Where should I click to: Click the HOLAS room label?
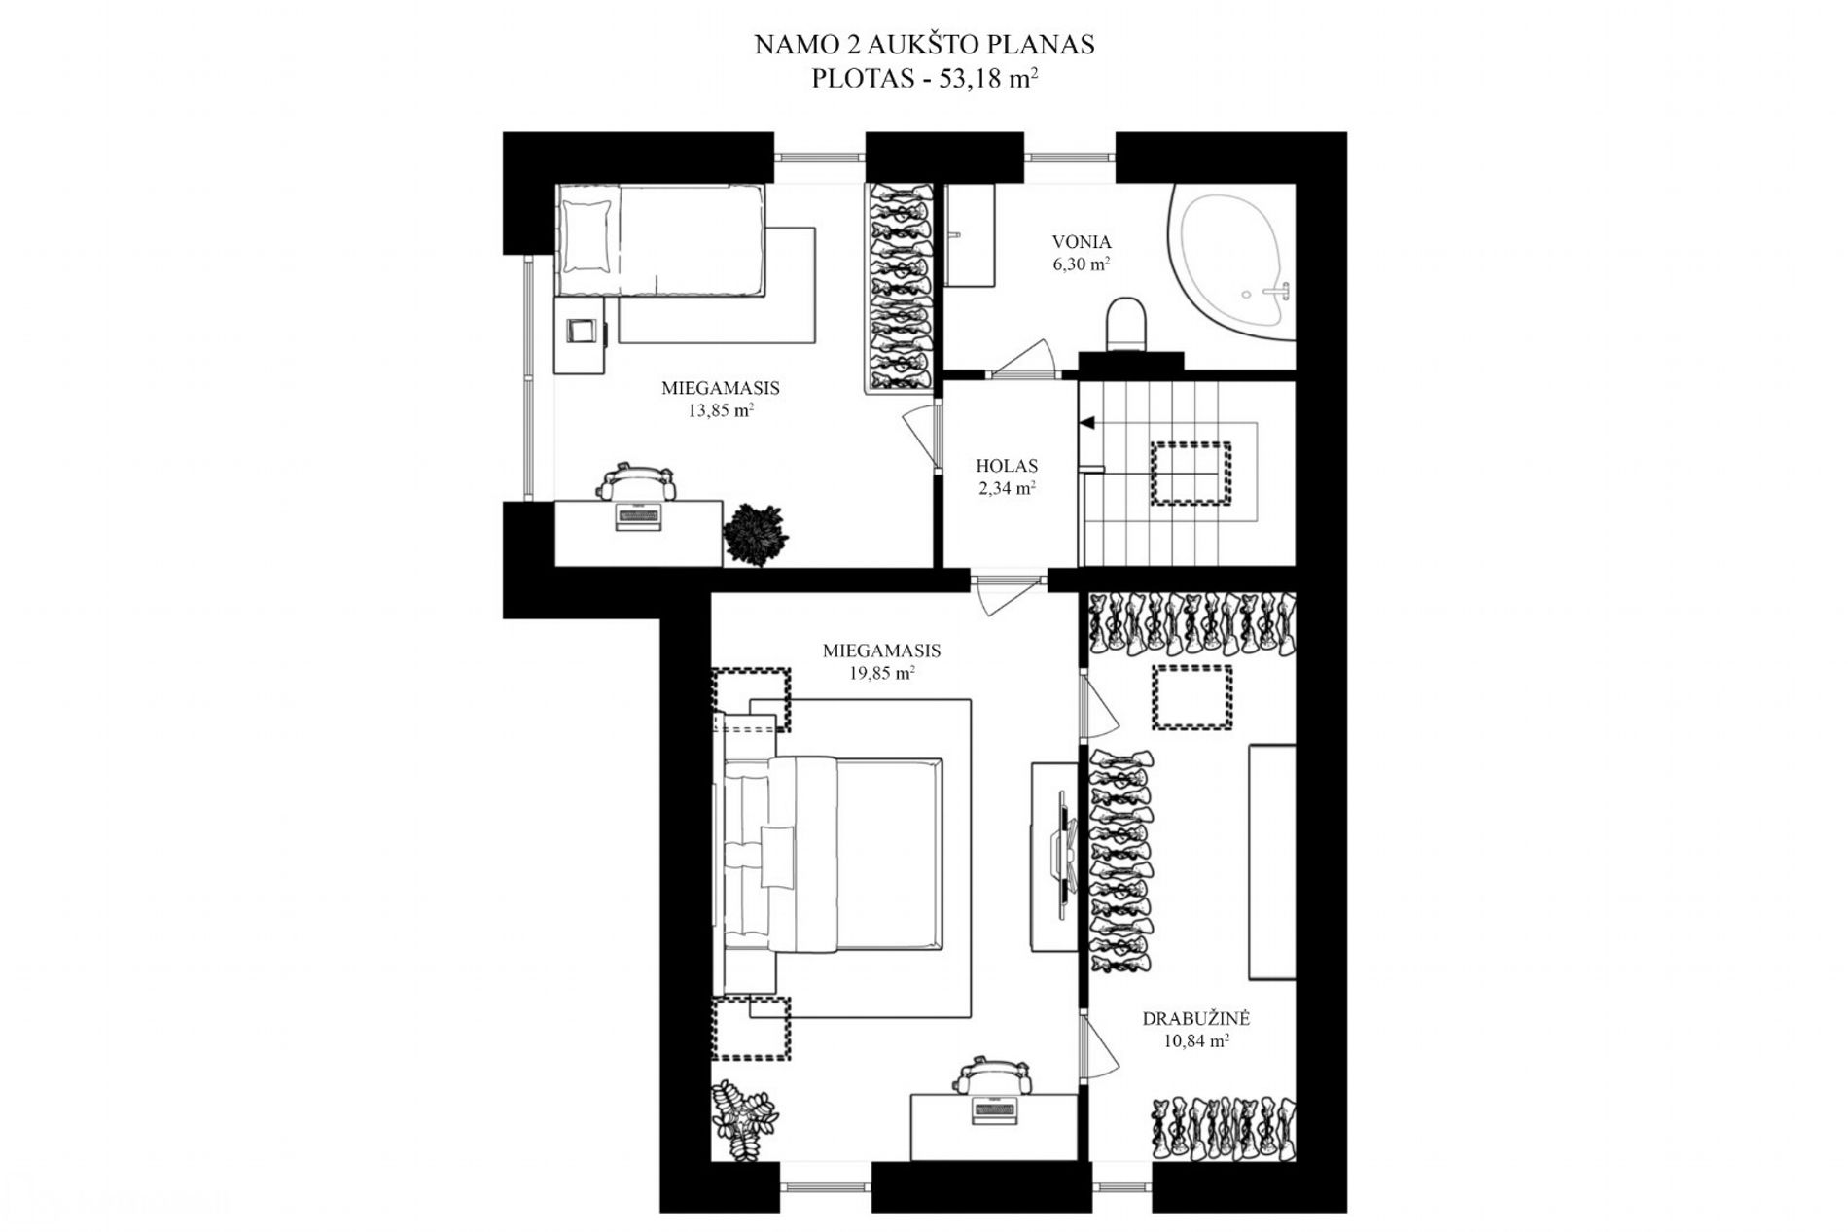tap(1007, 466)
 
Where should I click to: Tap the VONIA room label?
tap(1082, 242)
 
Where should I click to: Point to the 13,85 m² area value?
tap(721, 409)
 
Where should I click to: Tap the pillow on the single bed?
tap(586, 235)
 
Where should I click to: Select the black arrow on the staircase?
tap(1085, 423)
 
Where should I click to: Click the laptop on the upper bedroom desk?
tap(638, 515)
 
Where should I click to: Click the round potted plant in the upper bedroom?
tap(756, 534)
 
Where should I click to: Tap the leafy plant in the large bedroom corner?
tap(744, 1120)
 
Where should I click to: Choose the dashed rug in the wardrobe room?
tap(1192, 697)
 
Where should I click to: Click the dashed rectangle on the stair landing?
tap(1191, 474)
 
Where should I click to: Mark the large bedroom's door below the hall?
tap(1008, 594)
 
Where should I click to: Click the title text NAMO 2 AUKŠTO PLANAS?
tap(924, 45)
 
